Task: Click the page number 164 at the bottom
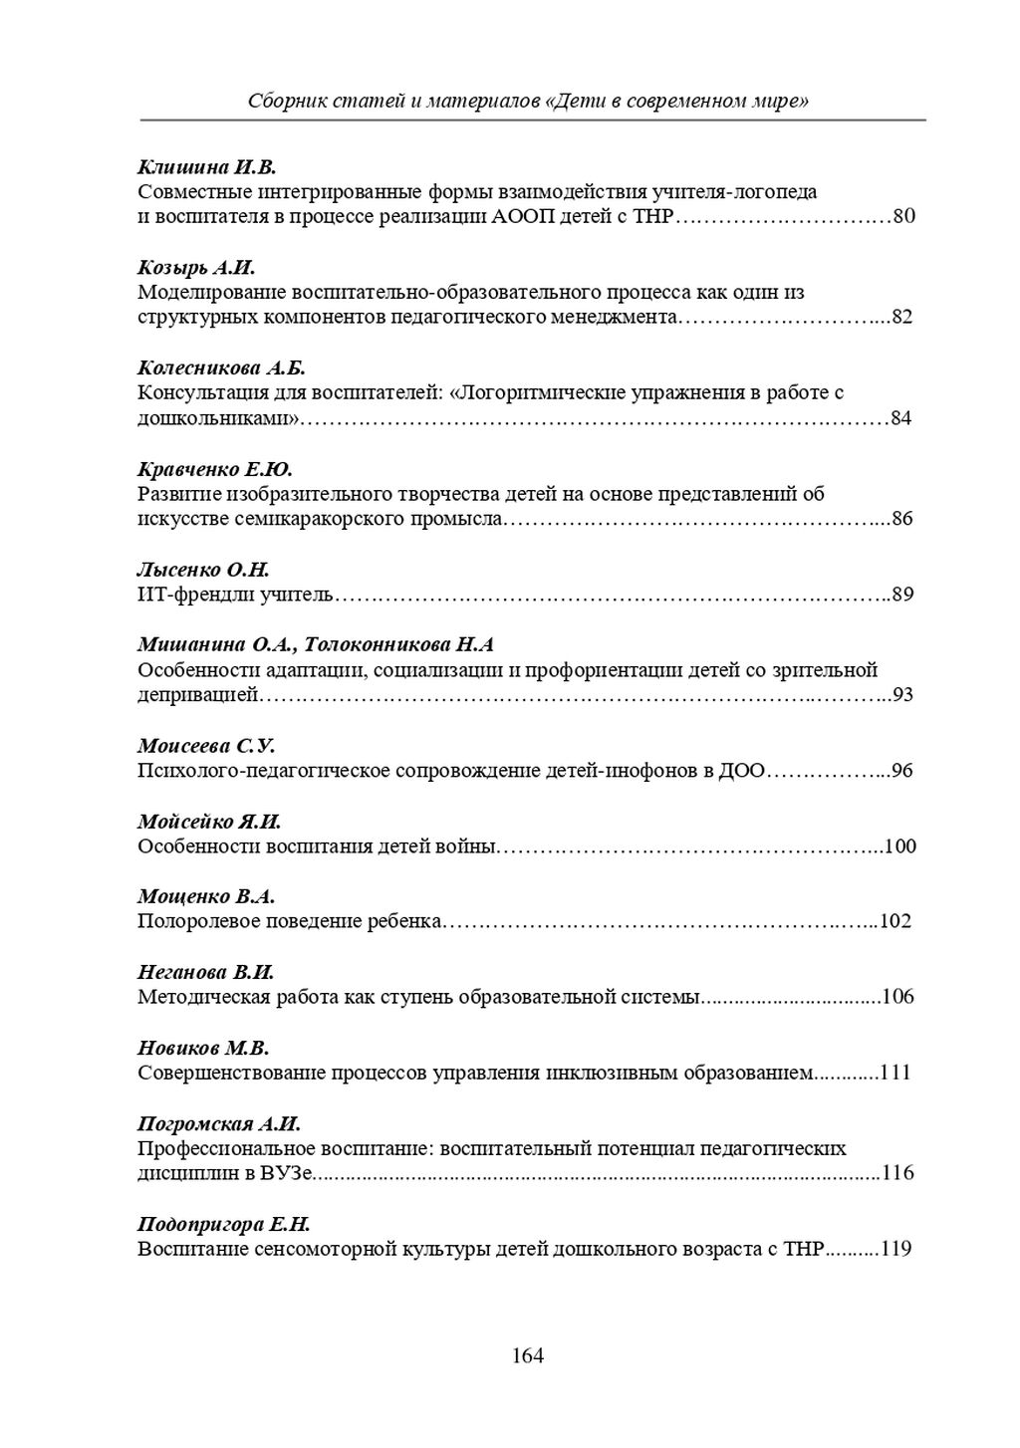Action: click(527, 1355)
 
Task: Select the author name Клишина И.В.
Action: click(205, 167)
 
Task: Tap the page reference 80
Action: click(903, 216)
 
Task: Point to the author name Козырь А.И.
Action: click(197, 268)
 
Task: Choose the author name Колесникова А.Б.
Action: click(221, 368)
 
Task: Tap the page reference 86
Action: click(902, 519)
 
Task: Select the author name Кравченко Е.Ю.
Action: click(214, 469)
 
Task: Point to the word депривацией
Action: click(198, 695)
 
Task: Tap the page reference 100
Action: click(899, 846)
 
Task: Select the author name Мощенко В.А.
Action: click(205, 896)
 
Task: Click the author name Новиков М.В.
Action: click(203, 1048)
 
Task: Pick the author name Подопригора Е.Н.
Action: click(223, 1224)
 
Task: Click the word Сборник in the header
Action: click(283, 101)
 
